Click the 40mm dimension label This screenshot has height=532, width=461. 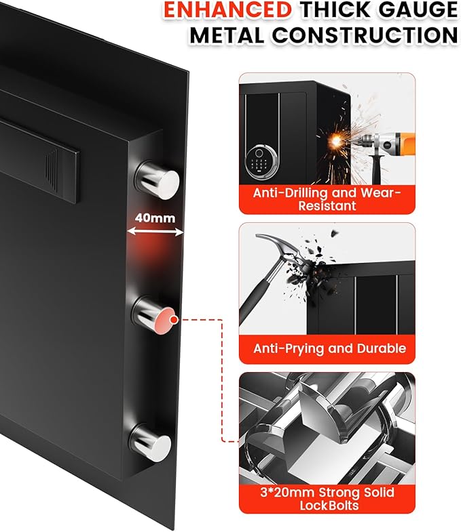pos(155,218)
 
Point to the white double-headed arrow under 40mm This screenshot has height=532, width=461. pos(155,232)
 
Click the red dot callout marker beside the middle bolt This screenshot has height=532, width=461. pos(174,319)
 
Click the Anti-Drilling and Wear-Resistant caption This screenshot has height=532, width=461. pos(327,199)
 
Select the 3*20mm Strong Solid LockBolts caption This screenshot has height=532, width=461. pos(327,499)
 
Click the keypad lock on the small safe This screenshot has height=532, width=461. pos(260,158)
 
